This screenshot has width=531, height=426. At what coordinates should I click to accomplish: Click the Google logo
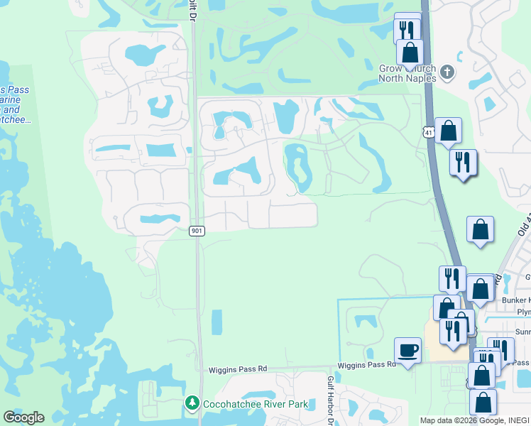pyautogui.click(x=23, y=417)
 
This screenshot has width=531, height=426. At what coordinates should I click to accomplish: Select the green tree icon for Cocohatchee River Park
pyautogui.click(x=192, y=403)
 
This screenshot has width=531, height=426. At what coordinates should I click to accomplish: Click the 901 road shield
pyautogui.click(x=197, y=231)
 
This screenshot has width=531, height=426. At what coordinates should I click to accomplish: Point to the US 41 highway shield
pyautogui.click(x=427, y=132)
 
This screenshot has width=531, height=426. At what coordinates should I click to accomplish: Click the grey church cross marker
pyautogui.click(x=447, y=71)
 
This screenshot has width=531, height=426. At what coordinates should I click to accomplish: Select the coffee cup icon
pyautogui.click(x=408, y=350)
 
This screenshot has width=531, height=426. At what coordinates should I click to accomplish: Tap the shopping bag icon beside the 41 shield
pyautogui.click(x=449, y=131)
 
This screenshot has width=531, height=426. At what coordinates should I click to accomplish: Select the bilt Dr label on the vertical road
pyautogui.click(x=193, y=15)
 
